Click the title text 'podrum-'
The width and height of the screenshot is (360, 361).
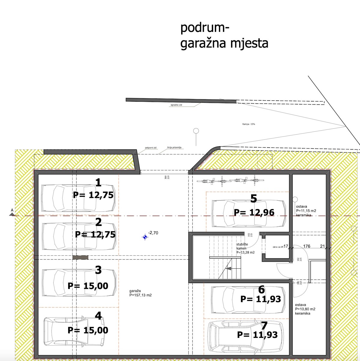pyautogui.click(x=205, y=29)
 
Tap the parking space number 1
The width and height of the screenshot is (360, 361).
pyautogui.click(x=98, y=183)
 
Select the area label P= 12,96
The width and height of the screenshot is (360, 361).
pyautogui.click(x=254, y=212)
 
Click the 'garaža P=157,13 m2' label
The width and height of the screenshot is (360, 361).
pyautogui.click(x=140, y=293)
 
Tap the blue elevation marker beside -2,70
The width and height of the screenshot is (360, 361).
pyautogui.click(x=145, y=237)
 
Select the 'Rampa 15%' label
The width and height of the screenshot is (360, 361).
pyautogui.click(x=249, y=124)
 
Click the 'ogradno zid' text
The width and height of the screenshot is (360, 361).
pyautogui.click(x=176, y=105)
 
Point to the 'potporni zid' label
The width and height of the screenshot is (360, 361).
pyautogui.click(x=151, y=148)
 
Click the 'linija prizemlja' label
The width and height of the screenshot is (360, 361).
pyautogui.click(x=174, y=148)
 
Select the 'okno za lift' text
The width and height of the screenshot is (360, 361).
pyautogui.click(x=278, y=247)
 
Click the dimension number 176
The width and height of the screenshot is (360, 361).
pyautogui.click(x=307, y=246)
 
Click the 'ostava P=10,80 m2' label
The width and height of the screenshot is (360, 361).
pyautogui.click(x=305, y=309)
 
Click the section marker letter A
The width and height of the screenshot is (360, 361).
pyautogui.click(x=12, y=210)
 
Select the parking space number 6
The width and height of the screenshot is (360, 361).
pyautogui.click(x=261, y=289)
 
